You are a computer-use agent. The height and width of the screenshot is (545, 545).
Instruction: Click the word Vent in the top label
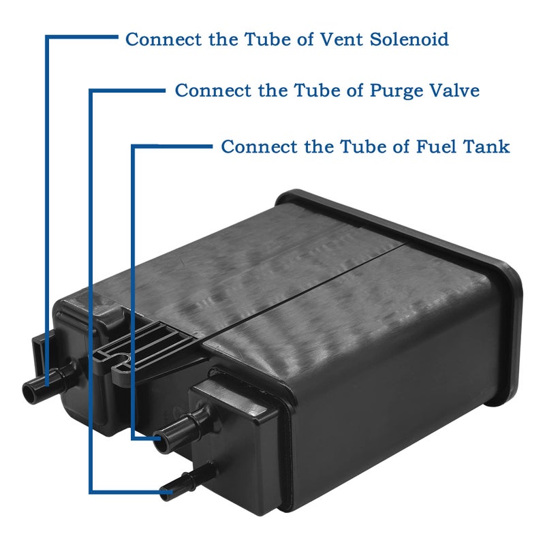click(x=341, y=39)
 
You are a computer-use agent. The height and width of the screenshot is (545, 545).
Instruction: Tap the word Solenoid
click(x=409, y=39)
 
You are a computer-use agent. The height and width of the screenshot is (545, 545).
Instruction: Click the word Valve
click(x=454, y=90)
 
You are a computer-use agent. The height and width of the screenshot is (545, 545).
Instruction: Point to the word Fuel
click(x=436, y=146)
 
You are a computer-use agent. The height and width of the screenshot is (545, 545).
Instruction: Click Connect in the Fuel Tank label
click(x=259, y=146)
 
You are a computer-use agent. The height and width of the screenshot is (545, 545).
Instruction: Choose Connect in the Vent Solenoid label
click(x=163, y=39)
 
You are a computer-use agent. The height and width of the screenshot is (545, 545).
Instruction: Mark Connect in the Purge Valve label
click(x=213, y=90)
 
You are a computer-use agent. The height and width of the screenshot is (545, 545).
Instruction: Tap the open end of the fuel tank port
click(x=161, y=441)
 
